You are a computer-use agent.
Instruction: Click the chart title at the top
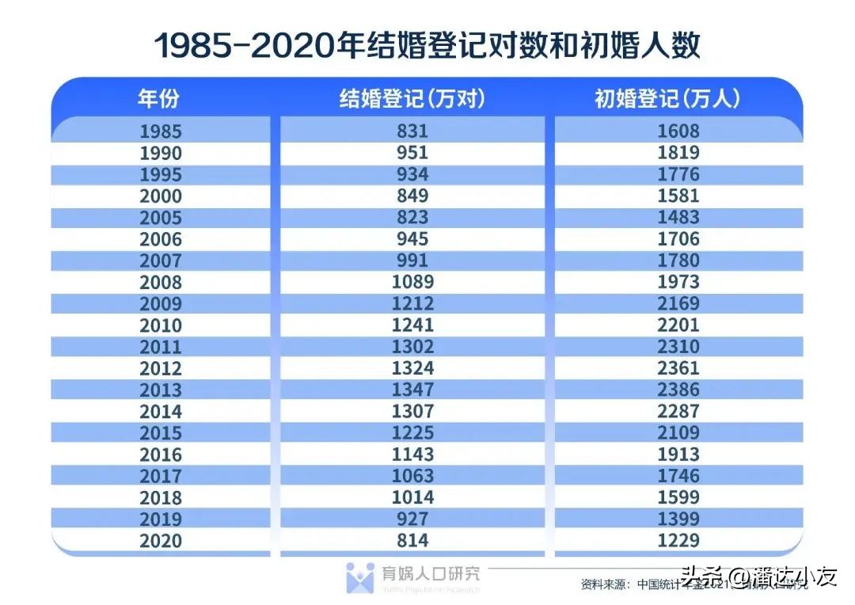point(427,45)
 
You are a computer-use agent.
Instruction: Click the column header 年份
point(160,98)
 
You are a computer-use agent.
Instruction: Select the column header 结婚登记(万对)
point(412,98)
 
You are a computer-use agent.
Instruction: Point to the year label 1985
point(160,131)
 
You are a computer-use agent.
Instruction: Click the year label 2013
point(160,390)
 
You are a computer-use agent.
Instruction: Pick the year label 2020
point(160,541)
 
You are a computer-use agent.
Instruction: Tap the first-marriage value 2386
point(679,390)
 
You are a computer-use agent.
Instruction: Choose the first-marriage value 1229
point(679,541)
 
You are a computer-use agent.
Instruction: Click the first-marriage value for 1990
point(679,153)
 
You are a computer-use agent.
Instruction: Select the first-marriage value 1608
point(679,131)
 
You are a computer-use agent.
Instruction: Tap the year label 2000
point(160,196)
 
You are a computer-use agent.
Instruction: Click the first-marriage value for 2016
point(679,455)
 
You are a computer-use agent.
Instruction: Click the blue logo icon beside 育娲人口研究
point(360,577)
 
